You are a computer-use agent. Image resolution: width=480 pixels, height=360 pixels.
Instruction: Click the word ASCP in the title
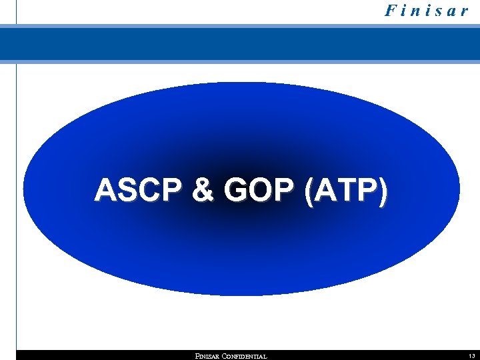point(138,191)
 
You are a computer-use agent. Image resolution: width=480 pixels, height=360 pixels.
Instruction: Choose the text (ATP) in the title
point(344,191)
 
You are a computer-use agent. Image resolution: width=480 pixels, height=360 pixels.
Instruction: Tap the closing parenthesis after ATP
point(381,191)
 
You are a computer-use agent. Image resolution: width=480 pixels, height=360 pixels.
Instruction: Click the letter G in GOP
point(237,191)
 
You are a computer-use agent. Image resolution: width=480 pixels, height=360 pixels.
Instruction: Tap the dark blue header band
point(240,44)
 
